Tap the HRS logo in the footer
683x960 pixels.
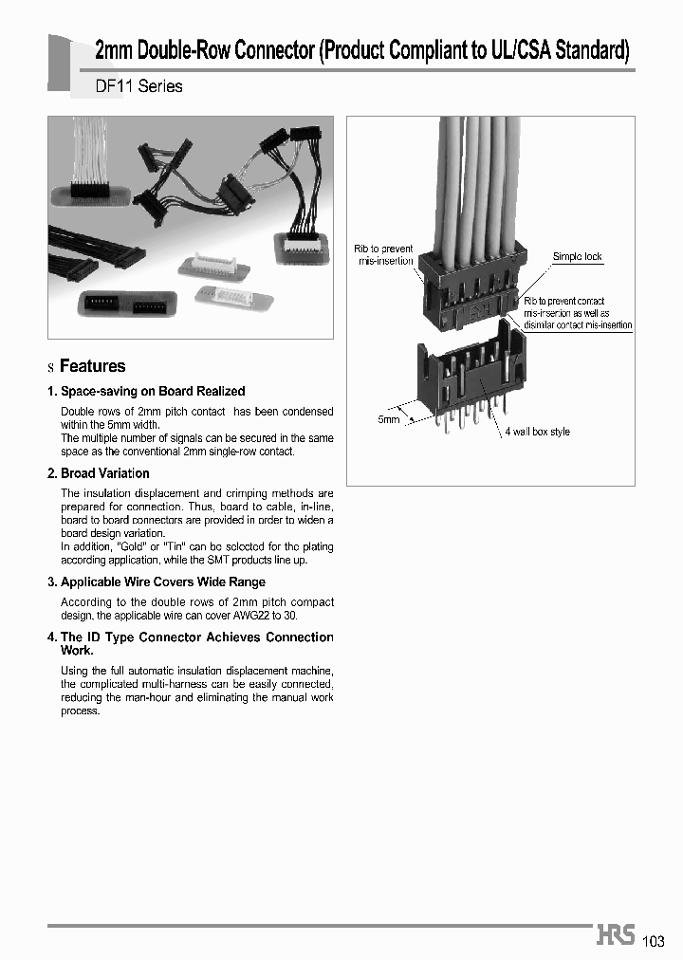[616, 935]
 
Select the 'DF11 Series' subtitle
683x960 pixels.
[139, 86]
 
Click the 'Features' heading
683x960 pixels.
[92, 366]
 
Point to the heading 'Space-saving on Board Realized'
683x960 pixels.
[152, 391]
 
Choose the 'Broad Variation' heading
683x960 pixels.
[104, 473]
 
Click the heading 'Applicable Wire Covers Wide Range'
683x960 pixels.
[162, 582]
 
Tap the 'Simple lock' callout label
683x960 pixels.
[577, 257]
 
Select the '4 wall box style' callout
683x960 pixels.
[537, 433]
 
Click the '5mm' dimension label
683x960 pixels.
[389, 419]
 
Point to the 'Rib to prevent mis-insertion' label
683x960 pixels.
[384, 255]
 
